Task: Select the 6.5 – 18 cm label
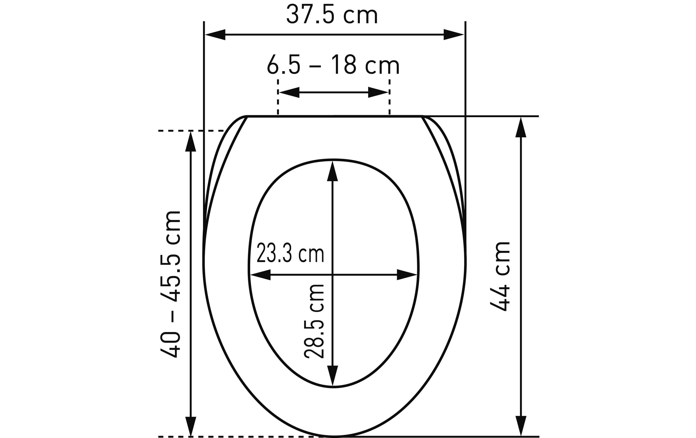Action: coord(333,65)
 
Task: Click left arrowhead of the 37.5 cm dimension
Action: coord(215,35)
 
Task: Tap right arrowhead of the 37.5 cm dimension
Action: coord(454,35)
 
